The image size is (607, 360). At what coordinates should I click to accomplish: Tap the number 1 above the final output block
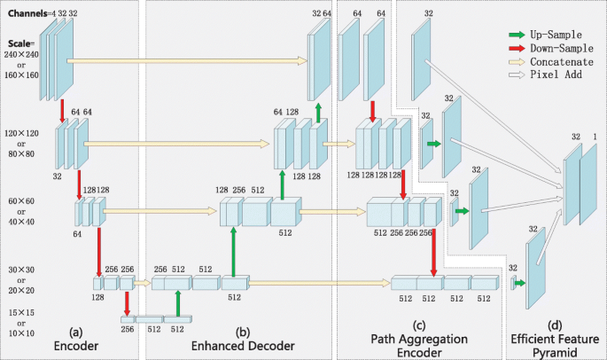tap(595, 137)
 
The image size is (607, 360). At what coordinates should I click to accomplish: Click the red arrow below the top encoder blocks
tap(62, 111)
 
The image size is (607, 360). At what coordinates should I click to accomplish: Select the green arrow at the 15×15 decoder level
tap(179, 304)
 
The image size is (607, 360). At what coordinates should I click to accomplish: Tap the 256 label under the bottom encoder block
tap(127, 328)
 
